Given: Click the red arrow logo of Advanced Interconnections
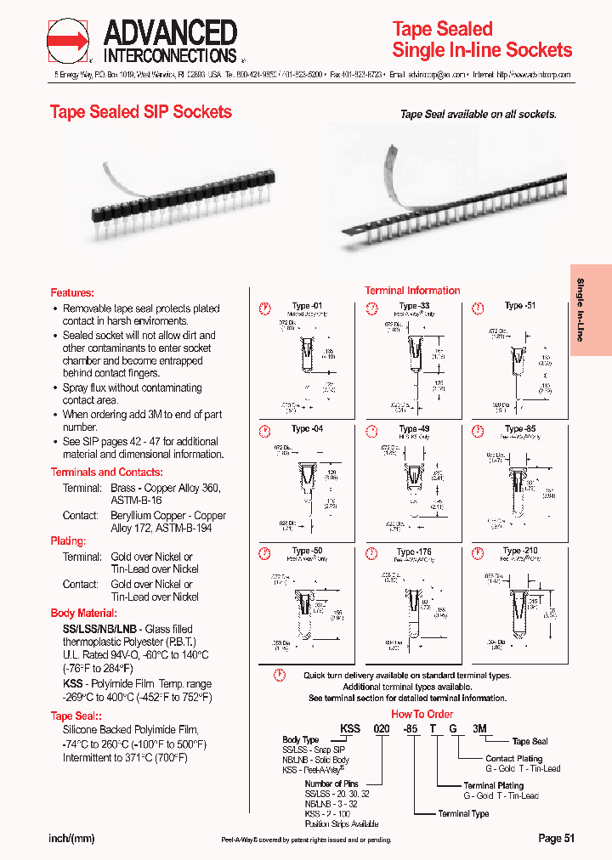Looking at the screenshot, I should pos(68,41).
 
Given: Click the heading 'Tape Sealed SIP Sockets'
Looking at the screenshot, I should pos(140,112).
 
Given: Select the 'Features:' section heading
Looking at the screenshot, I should pos(72,292).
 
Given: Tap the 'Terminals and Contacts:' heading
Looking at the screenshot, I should pos(106,472).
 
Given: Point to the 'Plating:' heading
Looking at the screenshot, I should pos(68,540).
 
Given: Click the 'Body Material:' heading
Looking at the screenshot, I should pos(84,613).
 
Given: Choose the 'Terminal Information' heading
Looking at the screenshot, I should pos(412,291).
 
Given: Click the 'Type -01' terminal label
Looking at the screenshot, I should pos(307,306).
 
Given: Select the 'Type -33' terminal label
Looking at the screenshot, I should pos(414,306).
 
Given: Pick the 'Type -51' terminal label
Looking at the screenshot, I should pos(519,306).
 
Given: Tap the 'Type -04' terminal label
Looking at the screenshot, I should pos(307,429).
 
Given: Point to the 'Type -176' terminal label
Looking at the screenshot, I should pos(414,552).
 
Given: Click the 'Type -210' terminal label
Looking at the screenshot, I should pos(519,552).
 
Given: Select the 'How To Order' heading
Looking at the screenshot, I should pos(422,714).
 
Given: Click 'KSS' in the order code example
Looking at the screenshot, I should pos(350,728).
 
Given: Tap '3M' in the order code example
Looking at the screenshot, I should pos(480,728).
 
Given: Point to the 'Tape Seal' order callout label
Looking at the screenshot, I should pos(530,742).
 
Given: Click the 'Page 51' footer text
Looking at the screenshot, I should pos(557,838).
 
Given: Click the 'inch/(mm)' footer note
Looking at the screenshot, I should pos(72,838).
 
